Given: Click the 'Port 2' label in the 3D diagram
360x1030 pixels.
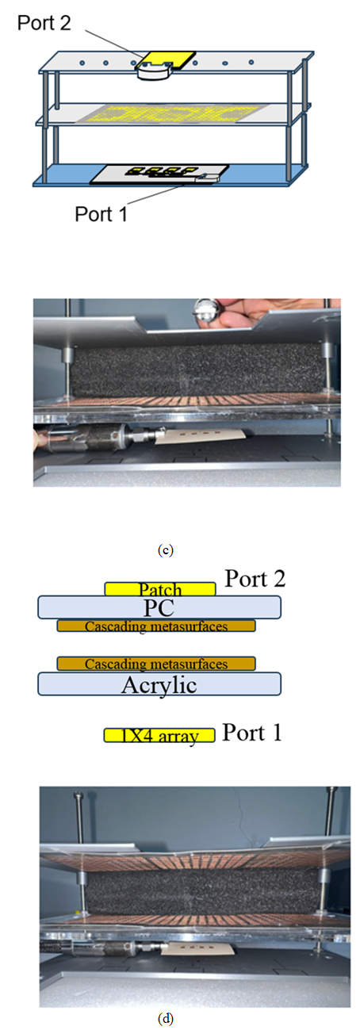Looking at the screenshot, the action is [x=44, y=22].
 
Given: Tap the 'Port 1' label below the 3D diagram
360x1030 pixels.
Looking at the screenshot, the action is [x=101, y=214].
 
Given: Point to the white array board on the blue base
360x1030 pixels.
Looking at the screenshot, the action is [x=159, y=174].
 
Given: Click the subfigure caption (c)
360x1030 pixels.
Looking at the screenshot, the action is [x=166, y=550].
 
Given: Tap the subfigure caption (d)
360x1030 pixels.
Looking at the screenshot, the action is [x=166, y=1019].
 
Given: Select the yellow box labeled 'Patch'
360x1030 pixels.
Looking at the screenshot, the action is [x=160, y=589].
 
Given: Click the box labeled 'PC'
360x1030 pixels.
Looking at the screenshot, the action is [x=159, y=607].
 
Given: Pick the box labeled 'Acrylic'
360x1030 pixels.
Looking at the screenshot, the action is [x=159, y=683].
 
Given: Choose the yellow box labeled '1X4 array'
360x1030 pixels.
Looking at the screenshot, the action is [x=159, y=735].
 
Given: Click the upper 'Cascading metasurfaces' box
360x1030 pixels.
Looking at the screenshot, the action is [x=156, y=626].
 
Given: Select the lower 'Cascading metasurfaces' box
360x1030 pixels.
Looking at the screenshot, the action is [x=156, y=664].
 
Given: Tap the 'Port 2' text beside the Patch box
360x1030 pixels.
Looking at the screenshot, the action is [x=255, y=579].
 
